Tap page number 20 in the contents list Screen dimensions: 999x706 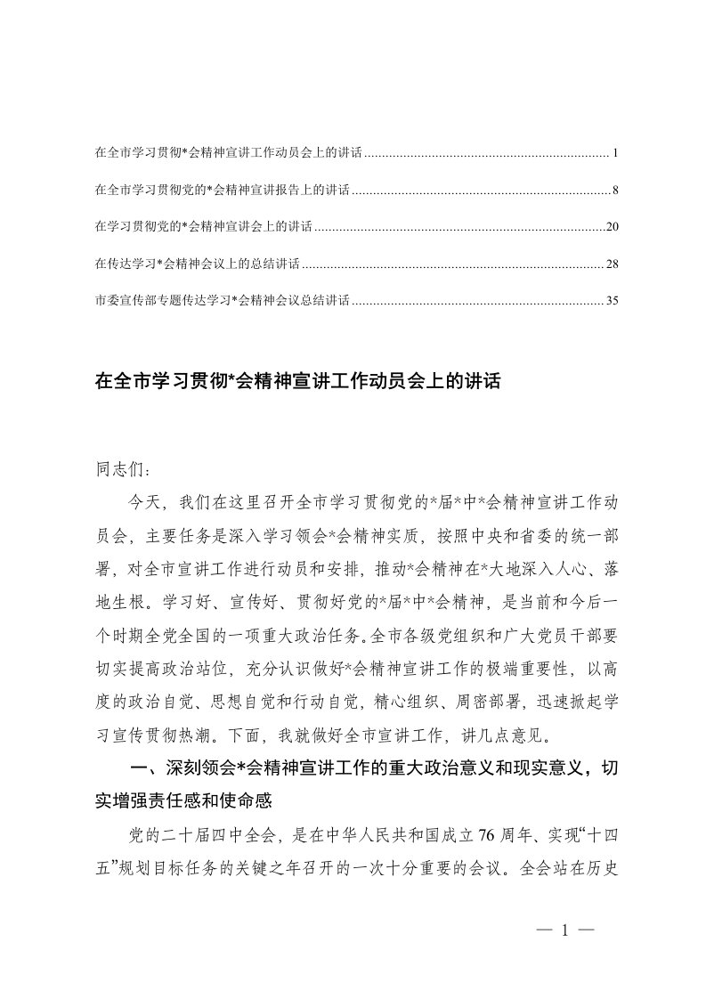pyautogui.click(x=612, y=228)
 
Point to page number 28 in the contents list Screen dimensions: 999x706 pyautogui.click(x=612, y=264)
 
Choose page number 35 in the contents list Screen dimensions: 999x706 pyautogui.click(x=612, y=301)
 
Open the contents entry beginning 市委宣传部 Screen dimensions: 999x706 pyautogui.click(x=222, y=301)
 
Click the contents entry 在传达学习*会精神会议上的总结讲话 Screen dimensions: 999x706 pyautogui.click(x=196, y=264)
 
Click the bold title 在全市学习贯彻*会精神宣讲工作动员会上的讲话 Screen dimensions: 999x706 pyautogui.click(x=298, y=383)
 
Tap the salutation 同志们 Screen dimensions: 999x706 pyautogui.click(x=115, y=467)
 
